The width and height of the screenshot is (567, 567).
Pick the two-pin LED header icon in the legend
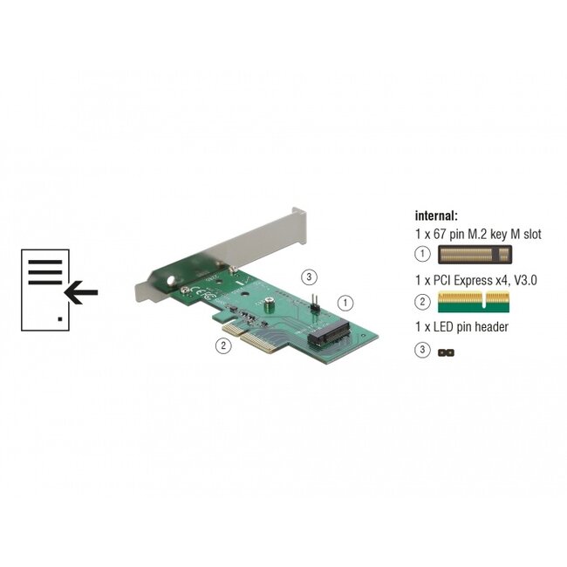click(447, 352)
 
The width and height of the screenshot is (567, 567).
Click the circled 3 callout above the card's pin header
click(307, 278)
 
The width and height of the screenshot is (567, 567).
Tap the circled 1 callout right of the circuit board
click(345, 304)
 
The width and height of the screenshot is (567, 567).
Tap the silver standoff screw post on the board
click(271, 306)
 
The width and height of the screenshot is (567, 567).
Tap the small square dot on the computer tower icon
click(58, 319)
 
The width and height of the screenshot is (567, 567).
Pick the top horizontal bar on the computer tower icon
click(44, 261)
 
